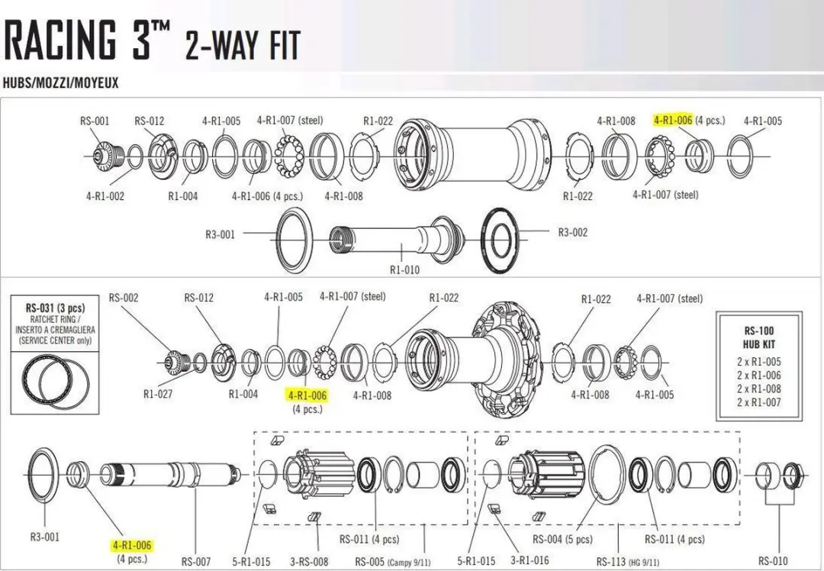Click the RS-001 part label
click(95, 121)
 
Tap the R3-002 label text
click(573, 232)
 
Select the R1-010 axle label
click(404, 269)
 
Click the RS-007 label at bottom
click(196, 562)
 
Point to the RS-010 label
click(773, 560)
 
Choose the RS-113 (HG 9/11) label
click(627, 561)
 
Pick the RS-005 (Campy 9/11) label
click(393, 562)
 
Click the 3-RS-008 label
click(309, 562)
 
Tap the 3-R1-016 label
click(529, 560)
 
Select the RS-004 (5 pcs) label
click(562, 539)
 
